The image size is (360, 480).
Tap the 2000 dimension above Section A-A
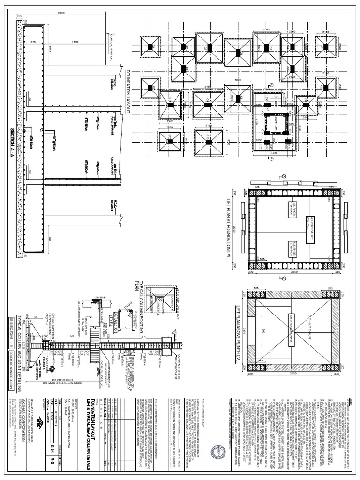pyautogui.click(x=61, y=13)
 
